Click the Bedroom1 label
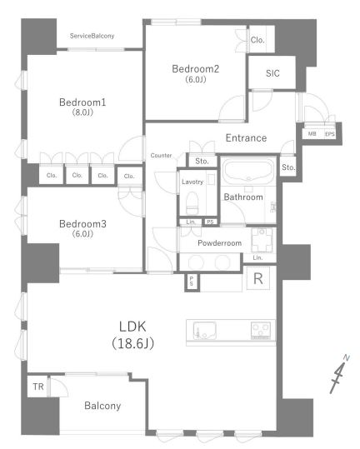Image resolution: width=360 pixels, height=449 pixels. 82,102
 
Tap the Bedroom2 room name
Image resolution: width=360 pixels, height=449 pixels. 195,69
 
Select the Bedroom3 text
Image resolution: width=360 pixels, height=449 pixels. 82,223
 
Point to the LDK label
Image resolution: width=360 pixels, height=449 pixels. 132,327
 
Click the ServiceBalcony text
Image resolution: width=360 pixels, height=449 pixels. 92,36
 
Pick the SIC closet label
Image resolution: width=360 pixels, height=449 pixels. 272,73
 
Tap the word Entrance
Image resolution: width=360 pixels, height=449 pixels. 246,138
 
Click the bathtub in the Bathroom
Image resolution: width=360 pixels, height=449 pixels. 248,171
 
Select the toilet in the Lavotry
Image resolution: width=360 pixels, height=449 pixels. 192,203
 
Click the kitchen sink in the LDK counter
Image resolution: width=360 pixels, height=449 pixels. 204,330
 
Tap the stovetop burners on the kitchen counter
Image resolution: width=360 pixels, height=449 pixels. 261,330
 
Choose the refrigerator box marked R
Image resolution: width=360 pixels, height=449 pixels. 258,278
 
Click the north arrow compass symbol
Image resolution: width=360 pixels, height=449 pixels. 339,374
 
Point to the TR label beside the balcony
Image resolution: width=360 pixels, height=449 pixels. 38,387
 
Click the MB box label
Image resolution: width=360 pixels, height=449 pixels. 312,134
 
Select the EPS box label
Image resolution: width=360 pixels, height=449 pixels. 330,134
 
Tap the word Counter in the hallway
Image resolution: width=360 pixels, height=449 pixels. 161,156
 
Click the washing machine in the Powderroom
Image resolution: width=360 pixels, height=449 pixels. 262,240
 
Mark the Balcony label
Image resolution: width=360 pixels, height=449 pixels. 102,406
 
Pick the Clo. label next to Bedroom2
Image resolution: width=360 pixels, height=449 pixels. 257,40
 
